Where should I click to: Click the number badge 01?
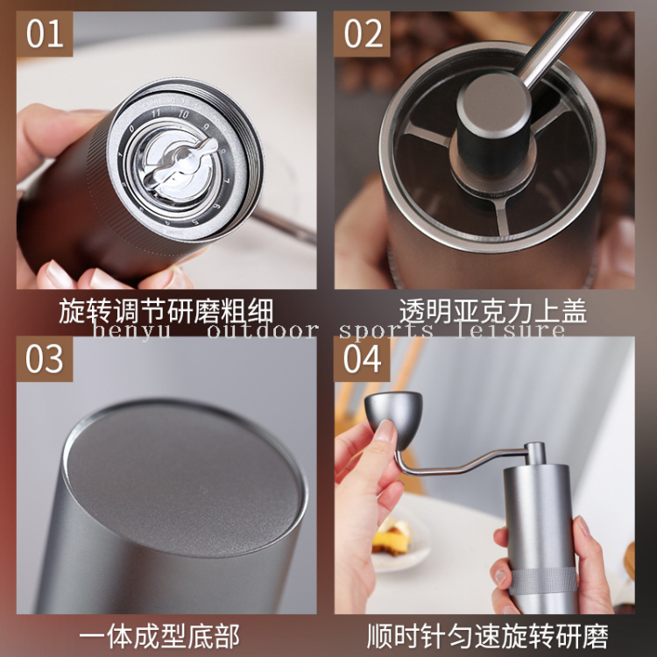45,34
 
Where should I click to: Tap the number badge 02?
364,34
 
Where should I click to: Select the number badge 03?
45,359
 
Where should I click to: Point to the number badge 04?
364,359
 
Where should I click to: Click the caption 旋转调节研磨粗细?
166,311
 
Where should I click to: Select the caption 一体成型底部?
166,635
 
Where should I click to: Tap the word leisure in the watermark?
516,330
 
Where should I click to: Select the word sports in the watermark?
386,330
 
